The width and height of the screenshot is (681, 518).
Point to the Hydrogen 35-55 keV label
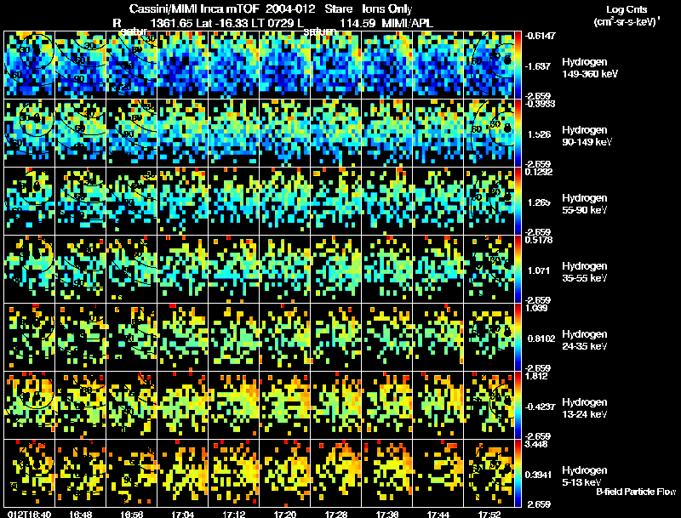(x=586, y=271)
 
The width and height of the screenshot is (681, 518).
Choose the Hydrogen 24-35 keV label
(x=586, y=339)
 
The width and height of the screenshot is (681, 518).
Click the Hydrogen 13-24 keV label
(x=586, y=407)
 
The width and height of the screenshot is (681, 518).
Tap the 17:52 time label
(x=490, y=513)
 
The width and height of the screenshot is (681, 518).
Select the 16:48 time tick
(x=83, y=513)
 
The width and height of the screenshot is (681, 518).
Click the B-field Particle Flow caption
(x=635, y=492)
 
